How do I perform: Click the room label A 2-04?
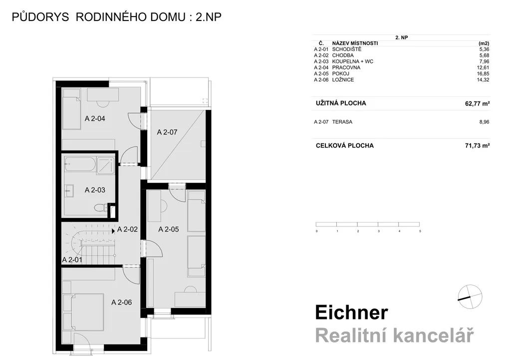(x=95, y=119)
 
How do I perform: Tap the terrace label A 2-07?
(x=167, y=132)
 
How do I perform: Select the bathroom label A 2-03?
(x=95, y=190)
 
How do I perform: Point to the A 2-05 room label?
(x=169, y=229)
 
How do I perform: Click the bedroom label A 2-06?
(x=122, y=302)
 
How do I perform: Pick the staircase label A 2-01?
(x=72, y=260)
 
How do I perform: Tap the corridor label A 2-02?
(x=127, y=229)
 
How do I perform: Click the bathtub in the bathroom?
(x=80, y=164)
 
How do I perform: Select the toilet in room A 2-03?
(x=100, y=207)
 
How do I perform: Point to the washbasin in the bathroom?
(x=69, y=191)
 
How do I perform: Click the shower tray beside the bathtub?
(x=105, y=164)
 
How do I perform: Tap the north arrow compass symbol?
(x=470, y=296)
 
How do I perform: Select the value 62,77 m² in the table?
(x=478, y=104)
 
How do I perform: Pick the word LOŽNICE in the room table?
(x=343, y=79)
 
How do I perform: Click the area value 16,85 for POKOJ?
(x=483, y=74)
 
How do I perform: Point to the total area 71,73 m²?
(x=478, y=145)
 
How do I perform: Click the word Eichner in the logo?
(x=352, y=312)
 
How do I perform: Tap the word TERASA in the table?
(x=342, y=122)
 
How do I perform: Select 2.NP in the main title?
(x=209, y=17)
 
